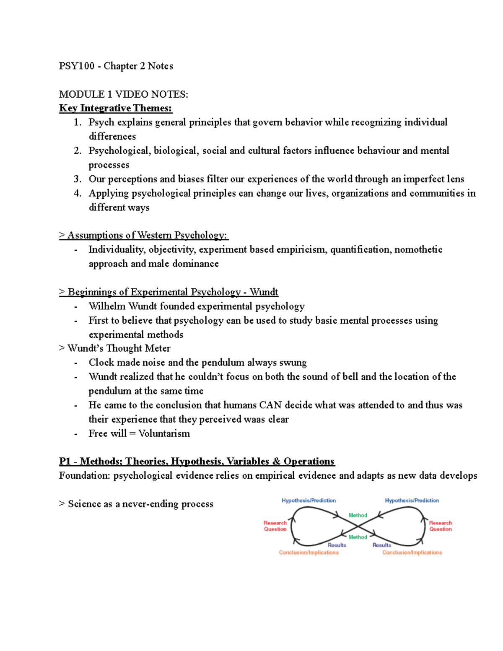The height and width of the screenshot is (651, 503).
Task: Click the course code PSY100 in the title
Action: pyautogui.click(x=76, y=66)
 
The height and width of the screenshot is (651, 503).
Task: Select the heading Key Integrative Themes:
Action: pyautogui.click(x=116, y=108)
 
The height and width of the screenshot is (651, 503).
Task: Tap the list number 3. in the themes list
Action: pyautogui.click(x=77, y=179)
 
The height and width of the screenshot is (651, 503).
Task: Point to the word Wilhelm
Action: pyautogui.click(x=107, y=306)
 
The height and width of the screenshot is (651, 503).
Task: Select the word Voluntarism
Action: pyautogui.click(x=164, y=434)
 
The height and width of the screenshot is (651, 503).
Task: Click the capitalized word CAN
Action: pyautogui.click(x=270, y=405)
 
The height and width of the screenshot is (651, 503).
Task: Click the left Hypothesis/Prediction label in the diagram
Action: pyautogui.click(x=309, y=501)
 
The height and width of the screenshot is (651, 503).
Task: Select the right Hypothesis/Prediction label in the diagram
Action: pyautogui.click(x=412, y=501)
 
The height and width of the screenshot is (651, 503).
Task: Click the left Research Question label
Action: pyautogui.click(x=275, y=526)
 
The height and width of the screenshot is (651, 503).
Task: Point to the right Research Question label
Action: pyautogui.click(x=440, y=526)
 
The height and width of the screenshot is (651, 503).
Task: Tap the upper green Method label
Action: pyautogui.click(x=358, y=515)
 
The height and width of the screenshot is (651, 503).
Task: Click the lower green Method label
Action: pyautogui.click(x=358, y=537)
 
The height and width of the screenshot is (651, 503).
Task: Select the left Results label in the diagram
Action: pyautogui.click(x=337, y=545)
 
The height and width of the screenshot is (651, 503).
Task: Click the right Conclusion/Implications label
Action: pyautogui.click(x=412, y=552)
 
